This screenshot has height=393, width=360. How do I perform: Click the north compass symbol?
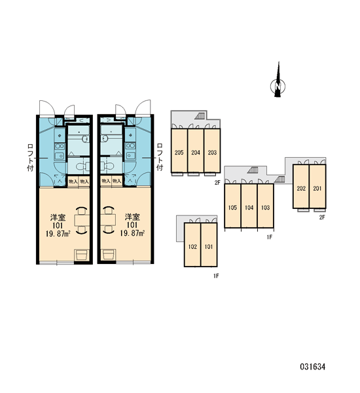click(x=278, y=83)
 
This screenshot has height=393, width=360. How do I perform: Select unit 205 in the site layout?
click(x=179, y=151)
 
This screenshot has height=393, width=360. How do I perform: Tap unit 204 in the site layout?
click(x=196, y=151)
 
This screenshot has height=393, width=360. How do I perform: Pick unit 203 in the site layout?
click(x=212, y=151)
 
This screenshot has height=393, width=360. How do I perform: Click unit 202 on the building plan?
click(x=301, y=187)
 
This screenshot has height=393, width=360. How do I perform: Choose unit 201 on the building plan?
click(x=317, y=187)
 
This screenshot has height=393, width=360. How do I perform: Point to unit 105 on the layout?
click(x=233, y=206)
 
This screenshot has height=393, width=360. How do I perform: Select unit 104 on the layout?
click(x=249, y=206)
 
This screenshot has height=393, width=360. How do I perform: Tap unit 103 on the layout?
click(x=266, y=206)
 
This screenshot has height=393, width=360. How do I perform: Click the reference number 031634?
click(x=313, y=367)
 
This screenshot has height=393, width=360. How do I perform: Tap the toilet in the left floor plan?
click(x=83, y=166)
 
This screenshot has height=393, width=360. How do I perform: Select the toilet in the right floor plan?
click(x=107, y=166)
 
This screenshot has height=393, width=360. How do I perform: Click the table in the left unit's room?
click(x=82, y=220)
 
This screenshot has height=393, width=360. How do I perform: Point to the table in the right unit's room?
click(x=108, y=220)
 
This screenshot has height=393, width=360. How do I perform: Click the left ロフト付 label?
click(x=30, y=157)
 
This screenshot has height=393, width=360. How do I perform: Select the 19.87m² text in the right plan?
click(x=132, y=234)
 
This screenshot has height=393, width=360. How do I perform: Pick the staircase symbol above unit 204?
click(x=200, y=116)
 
